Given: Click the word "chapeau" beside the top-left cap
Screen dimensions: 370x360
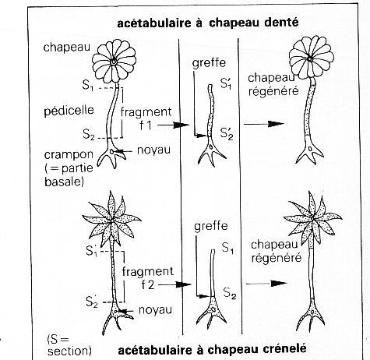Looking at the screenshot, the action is click(x=67, y=48).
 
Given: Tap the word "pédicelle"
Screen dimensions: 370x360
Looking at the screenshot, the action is click(x=69, y=111).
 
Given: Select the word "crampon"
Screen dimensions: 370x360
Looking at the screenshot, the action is click(x=69, y=155).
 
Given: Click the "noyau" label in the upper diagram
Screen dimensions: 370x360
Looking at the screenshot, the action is click(x=153, y=150).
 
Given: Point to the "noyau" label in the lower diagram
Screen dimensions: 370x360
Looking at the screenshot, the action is click(x=155, y=309).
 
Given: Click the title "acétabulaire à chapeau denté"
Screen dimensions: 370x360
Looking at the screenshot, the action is click(x=208, y=23).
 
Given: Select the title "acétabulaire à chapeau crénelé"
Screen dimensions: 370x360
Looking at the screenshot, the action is click(x=212, y=349).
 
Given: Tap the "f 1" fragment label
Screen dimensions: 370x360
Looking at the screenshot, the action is click(x=146, y=125).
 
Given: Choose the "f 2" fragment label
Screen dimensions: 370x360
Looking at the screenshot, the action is click(x=148, y=285).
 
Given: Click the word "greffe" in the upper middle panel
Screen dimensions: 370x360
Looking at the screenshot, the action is click(x=209, y=63).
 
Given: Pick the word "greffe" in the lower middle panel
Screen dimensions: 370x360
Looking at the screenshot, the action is click(x=211, y=226).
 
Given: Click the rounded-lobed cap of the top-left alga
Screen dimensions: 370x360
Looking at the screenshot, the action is click(x=115, y=62).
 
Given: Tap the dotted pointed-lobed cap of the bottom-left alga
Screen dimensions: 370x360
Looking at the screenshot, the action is click(x=111, y=220).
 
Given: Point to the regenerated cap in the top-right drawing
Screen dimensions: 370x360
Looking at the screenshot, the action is click(x=312, y=56).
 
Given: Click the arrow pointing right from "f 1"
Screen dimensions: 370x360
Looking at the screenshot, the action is click(x=174, y=125).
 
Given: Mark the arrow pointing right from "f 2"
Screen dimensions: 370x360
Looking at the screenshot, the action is click(x=174, y=284).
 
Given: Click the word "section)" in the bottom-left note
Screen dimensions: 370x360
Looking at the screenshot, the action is click(x=70, y=351).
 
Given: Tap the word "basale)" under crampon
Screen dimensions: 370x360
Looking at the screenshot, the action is click(x=64, y=182).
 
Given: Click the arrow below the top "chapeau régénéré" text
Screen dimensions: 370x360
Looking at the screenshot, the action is click(x=264, y=124).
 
